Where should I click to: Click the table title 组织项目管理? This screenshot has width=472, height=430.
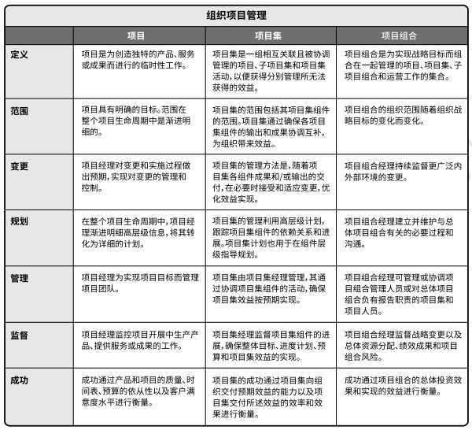236,14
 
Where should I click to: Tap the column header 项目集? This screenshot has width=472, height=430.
270,35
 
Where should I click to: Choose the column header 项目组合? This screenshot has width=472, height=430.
401,35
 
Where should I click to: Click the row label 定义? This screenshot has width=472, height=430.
20,54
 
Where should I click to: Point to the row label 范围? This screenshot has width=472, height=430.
20,110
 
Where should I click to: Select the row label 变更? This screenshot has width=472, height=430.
20,167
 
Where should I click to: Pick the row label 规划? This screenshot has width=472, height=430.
20,223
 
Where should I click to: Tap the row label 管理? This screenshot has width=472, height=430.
20,279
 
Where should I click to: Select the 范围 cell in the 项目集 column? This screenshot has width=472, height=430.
270,127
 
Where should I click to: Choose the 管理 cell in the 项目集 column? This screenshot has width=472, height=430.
270,290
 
